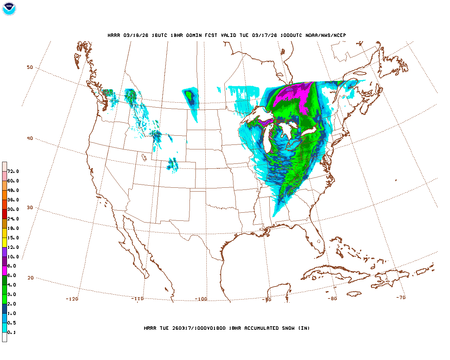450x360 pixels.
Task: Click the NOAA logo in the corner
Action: [x=9, y=9]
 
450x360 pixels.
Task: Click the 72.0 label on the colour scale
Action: [x=13, y=172]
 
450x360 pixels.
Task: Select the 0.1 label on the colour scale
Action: [x=12, y=333]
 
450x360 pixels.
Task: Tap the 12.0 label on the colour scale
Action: [x=13, y=247]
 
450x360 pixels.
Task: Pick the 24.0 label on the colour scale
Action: [x=13, y=219]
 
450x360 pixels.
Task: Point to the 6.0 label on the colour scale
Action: [x=12, y=276]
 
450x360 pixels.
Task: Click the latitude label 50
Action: [x=30, y=67]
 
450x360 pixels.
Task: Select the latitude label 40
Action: [x=30, y=138]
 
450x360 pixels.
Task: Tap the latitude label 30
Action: [x=30, y=207]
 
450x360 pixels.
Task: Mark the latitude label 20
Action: [x=31, y=278]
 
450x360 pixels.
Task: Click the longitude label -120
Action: [x=72, y=299]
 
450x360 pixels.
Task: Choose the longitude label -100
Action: [x=201, y=299]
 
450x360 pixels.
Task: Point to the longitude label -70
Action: [x=401, y=297]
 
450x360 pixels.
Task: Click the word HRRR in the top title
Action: [x=114, y=36]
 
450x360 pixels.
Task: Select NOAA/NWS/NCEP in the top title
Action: [x=326, y=36]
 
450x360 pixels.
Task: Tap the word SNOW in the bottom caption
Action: [x=288, y=328]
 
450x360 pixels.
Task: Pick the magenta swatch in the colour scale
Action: [x=5, y=271]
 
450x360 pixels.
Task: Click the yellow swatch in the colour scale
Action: [x=5, y=242]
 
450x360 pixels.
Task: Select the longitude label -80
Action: [x=332, y=299]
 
